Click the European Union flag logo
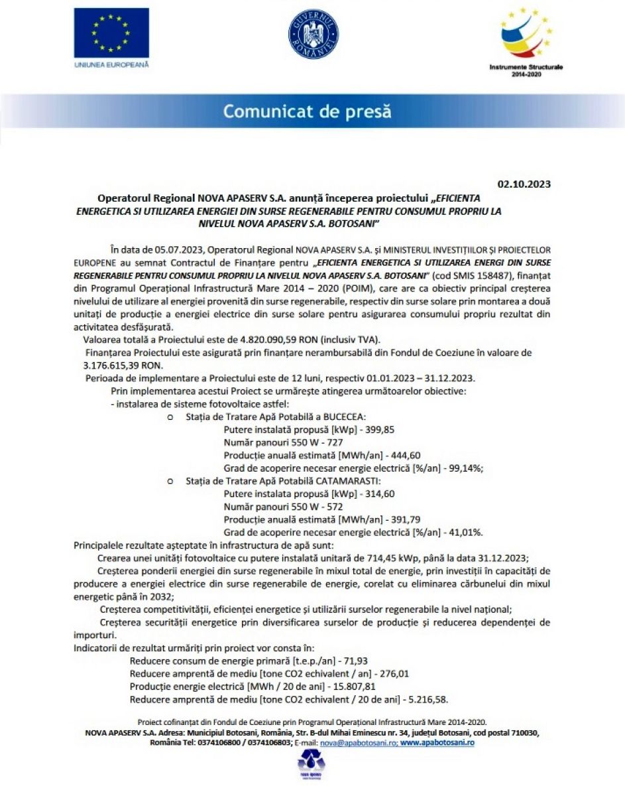111,33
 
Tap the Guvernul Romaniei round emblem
313,34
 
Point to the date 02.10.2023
524,184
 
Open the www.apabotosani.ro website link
437,743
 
